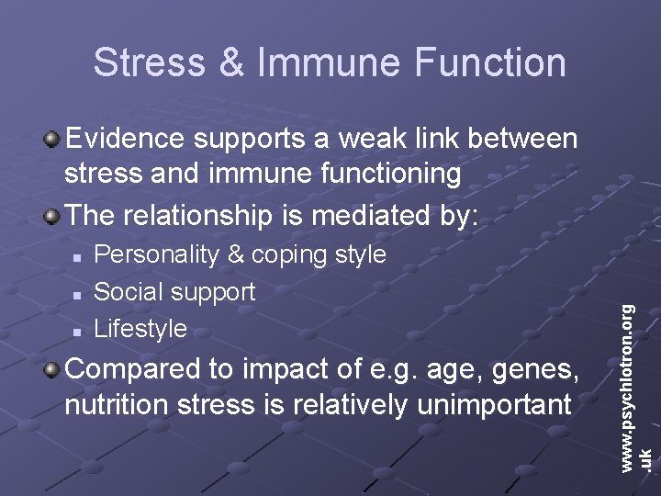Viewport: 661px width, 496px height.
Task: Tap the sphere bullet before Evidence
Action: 53,140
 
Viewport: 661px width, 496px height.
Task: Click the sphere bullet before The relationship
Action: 53,215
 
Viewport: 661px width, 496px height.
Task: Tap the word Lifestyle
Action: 140,328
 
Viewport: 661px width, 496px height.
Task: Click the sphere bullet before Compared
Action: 53,370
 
